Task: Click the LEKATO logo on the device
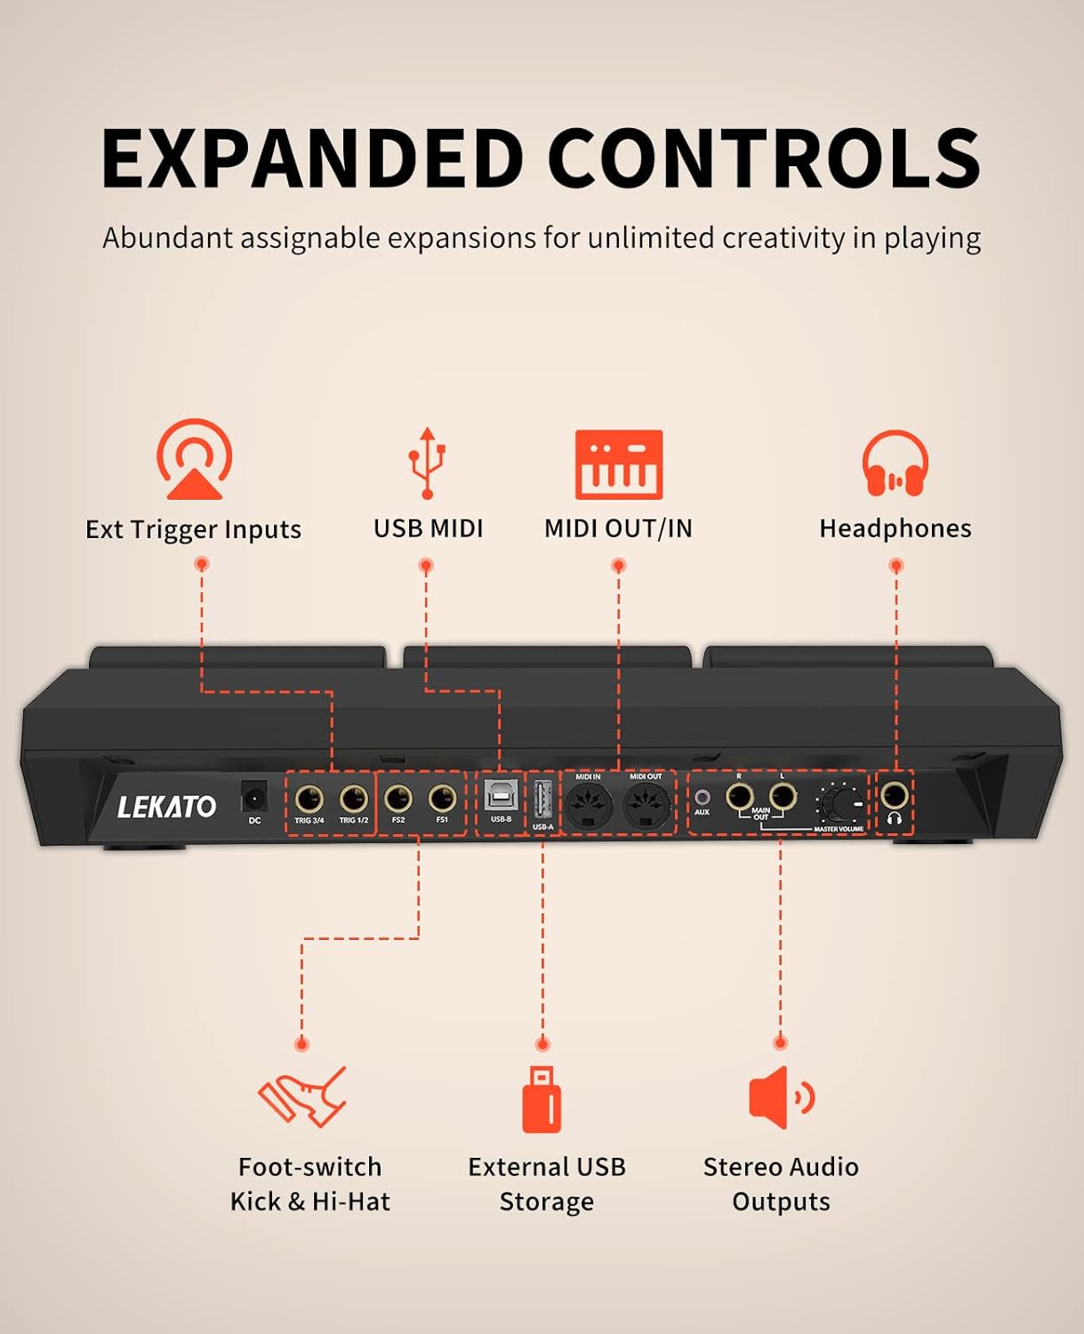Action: pyautogui.click(x=167, y=807)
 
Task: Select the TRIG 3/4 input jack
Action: pyautogui.click(x=309, y=798)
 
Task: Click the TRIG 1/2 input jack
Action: pyautogui.click(x=353, y=798)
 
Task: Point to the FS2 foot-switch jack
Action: pyautogui.click(x=398, y=798)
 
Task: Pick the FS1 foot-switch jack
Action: pyautogui.click(x=442, y=798)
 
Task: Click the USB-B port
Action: pyautogui.click(x=501, y=796)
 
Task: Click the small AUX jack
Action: pyautogui.click(x=702, y=798)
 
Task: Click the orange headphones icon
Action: pyautogui.click(x=895, y=464)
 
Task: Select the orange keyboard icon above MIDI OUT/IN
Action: pyautogui.click(x=619, y=464)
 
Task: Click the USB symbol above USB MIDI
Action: pyautogui.click(x=428, y=462)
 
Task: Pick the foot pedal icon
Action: pyautogui.click(x=303, y=1097)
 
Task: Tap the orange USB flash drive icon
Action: pyautogui.click(x=542, y=1099)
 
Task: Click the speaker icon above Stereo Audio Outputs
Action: pyautogui.click(x=780, y=1097)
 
